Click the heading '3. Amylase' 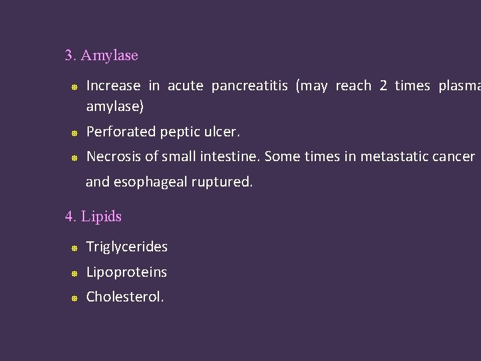click(102, 55)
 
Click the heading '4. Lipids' click(93, 217)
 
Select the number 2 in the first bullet click(383, 86)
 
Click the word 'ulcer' click(222, 132)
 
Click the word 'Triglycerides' click(127, 247)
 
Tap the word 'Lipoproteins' click(126, 272)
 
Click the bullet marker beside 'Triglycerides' click(75, 248)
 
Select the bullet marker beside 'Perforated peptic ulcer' click(75, 133)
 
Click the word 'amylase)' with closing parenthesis click(115, 106)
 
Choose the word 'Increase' click(114, 86)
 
